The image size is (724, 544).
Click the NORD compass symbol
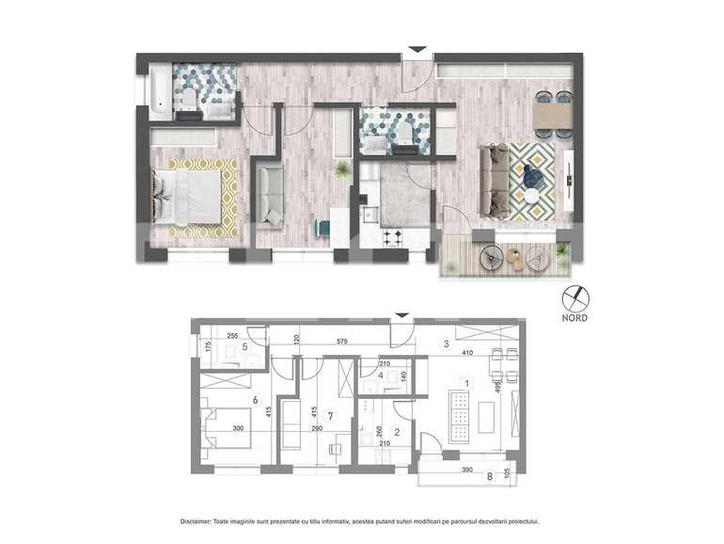pos(574,298)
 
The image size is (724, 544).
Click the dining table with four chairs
pos(551,115)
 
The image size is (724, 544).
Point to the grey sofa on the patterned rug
pos(494,180)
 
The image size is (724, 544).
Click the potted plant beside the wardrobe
pos(343,168)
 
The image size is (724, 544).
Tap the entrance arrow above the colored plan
pos(417,50)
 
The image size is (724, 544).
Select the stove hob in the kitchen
pos(391,237)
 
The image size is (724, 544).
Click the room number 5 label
pos(244,346)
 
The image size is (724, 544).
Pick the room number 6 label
pos(254,399)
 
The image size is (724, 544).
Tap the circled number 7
pos(328,414)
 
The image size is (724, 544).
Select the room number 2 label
pos(397,433)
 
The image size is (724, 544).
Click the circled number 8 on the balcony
pos(488,476)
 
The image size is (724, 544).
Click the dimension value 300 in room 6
pos(239,428)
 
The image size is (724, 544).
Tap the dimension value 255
pos(231,334)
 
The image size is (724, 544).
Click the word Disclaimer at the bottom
pos(201,520)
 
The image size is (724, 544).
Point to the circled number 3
pos(446,344)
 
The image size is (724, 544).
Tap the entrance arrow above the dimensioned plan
pos(402,315)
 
